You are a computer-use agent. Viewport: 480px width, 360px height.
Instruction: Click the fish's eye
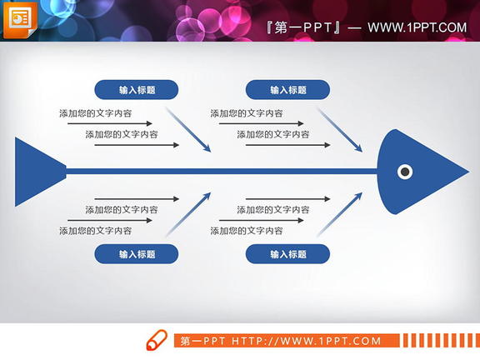click(x=405, y=172)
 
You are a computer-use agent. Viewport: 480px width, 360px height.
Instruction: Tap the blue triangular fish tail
click(x=37, y=172)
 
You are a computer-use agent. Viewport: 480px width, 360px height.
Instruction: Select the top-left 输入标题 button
click(x=137, y=90)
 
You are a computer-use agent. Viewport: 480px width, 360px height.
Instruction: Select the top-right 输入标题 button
click(x=287, y=90)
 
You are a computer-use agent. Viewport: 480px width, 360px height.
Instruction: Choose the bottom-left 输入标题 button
click(x=137, y=254)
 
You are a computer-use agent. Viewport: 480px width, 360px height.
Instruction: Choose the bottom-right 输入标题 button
click(x=287, y=254)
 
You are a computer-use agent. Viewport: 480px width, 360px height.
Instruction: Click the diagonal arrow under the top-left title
click(x=188, y=129)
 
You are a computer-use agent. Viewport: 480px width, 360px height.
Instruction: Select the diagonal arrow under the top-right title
click(x=340, y=129)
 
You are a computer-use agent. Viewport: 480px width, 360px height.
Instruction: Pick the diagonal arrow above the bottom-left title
click(x=188, y=214)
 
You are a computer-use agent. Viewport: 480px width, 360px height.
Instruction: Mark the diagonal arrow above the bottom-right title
click(x=340, y=214)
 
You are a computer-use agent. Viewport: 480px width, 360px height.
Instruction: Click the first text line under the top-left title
click(x=95, y=113)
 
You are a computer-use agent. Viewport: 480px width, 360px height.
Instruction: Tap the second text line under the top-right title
click(x=272, y=134)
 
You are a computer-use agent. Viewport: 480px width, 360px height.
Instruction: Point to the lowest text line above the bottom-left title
click(x=95, y=231)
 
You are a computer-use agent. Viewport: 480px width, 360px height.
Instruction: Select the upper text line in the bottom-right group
click(x=272, y=209)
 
